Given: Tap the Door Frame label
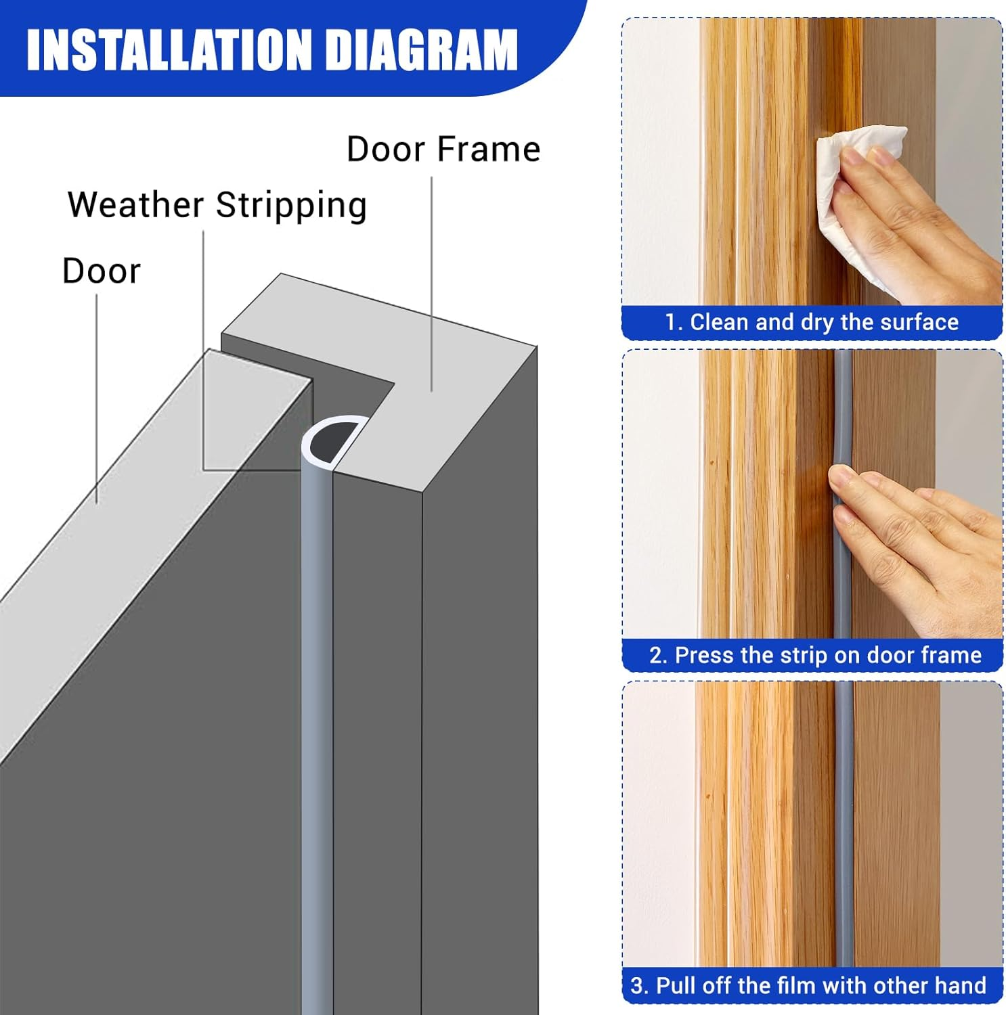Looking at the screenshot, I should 443,150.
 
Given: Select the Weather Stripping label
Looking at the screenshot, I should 217,205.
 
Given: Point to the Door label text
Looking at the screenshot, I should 102,271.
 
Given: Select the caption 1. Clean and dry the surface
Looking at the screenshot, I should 812,322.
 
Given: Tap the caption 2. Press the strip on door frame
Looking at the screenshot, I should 815,655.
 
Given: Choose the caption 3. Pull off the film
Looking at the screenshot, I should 808,985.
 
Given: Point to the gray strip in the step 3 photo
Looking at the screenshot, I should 844,812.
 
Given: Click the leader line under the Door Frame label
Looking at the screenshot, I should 432,284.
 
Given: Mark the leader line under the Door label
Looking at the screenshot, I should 96,399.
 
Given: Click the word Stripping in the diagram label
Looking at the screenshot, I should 291,205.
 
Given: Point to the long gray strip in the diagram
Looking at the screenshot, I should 316,744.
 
